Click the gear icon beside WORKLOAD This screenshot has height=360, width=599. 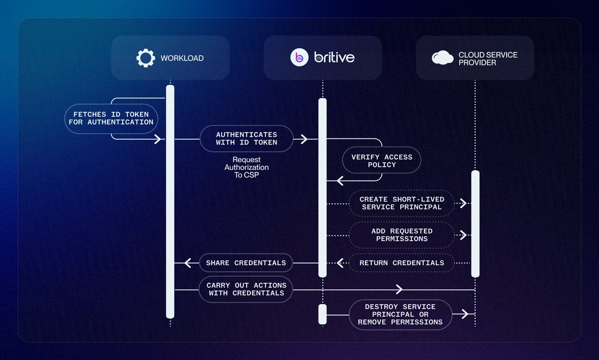145,58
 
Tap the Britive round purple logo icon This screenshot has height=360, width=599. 299,58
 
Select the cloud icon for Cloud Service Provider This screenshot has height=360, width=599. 443,58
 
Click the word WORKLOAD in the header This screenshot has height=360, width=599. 182,58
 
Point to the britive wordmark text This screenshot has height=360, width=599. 334,58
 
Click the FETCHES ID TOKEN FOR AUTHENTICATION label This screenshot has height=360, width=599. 112,118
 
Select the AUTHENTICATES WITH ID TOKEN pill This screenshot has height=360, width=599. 247,138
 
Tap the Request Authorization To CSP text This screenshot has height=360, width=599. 247,167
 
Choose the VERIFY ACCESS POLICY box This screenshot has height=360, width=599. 381,161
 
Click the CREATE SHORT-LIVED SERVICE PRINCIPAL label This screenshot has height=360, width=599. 401,203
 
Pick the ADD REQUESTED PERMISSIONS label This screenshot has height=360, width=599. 402,235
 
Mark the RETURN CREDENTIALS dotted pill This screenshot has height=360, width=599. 401,263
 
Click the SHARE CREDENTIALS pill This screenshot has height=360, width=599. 246,263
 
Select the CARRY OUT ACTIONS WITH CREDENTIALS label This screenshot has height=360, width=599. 246,289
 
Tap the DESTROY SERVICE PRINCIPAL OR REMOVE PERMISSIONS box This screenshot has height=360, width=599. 400,314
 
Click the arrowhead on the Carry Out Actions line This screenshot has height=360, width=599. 399,289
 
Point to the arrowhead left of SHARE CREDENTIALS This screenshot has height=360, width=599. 188,263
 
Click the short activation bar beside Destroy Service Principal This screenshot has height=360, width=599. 322,314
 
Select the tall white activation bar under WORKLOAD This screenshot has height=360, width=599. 170,200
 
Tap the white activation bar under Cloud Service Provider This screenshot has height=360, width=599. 475,223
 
